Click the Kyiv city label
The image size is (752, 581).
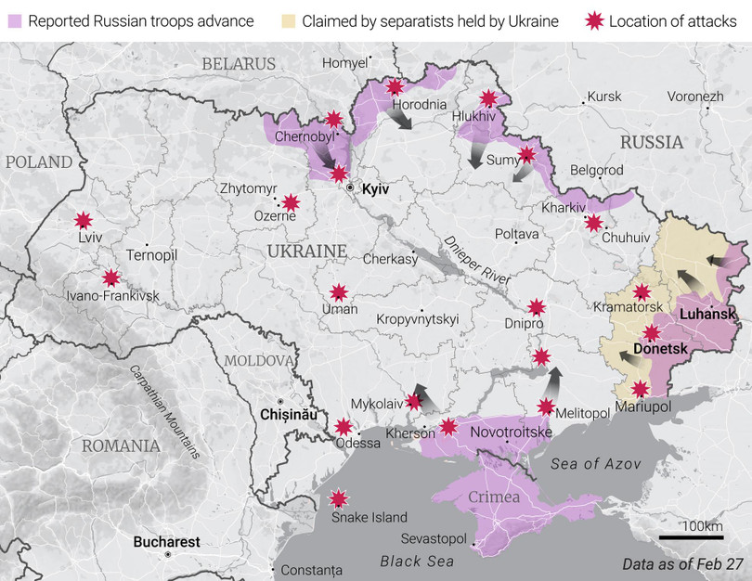[x=374, y=188]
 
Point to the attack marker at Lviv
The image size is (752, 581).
[x=84, y=220]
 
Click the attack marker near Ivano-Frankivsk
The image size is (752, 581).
[x=111, y=277]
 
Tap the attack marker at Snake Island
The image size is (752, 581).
[x=340, y=498]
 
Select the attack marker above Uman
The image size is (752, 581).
[x=339, y=292]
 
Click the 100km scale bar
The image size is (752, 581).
[x=691, y=536]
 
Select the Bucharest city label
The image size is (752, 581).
[x=166, y=541]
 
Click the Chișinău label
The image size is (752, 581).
[x=289, y=413]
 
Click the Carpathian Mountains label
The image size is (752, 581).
[x=164, y=411]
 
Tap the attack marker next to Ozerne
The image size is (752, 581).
[x=291, y=202]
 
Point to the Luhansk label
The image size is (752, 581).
[x=707, y=314]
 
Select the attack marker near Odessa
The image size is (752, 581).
[x=344, y=427]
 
